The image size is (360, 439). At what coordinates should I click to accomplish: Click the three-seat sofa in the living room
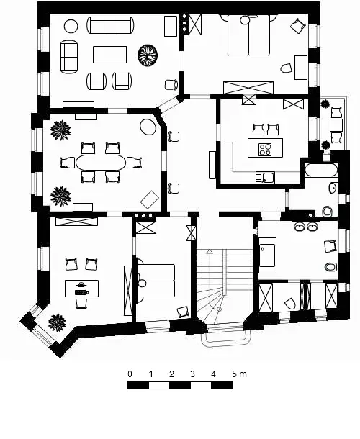point(110,25)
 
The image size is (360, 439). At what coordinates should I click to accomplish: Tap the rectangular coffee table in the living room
point(109,55)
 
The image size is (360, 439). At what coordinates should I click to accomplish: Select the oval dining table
point(101,163)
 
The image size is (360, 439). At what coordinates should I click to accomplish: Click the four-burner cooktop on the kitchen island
point(265,149)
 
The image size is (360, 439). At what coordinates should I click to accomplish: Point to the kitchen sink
point(265,178)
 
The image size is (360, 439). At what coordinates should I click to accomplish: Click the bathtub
point(321,170)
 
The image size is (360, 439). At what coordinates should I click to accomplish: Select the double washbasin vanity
point(306,226)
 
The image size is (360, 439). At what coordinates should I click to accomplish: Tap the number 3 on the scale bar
point(192,374)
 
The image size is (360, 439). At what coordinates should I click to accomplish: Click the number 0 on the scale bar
point(130,374)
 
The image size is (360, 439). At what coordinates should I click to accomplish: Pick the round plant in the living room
point(148,55)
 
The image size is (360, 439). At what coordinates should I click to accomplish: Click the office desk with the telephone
point(81,289)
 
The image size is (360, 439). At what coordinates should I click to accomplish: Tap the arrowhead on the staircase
point(210,252)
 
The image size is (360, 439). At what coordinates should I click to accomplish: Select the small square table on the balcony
point(336,125)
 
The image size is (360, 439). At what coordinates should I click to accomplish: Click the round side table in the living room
point(71,27)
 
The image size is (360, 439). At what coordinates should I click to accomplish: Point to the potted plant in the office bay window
point(57,322)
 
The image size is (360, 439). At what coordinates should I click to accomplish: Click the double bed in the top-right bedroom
point(249,35)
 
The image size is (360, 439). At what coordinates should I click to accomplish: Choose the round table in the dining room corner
point(148,127)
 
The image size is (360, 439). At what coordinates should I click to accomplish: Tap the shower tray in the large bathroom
point(267,255)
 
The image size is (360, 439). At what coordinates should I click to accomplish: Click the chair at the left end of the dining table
point(68,163)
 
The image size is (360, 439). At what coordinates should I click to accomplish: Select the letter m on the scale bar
point(243,375)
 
